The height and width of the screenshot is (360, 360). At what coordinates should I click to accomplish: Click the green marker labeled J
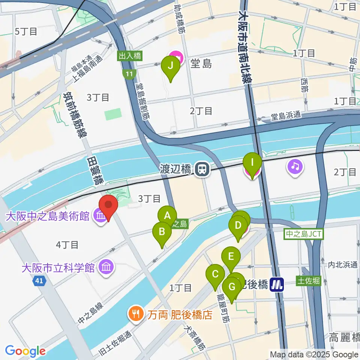coord(171,66)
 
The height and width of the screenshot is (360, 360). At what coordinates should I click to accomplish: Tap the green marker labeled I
coord(252,163)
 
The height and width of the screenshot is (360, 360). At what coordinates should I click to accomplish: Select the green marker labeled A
coord(167,216)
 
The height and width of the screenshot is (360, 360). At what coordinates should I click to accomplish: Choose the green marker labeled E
coord(231,257)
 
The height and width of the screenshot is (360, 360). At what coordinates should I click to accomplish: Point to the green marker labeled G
coord(232,288)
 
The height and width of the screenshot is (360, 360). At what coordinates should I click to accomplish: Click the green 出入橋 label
coord(129,56)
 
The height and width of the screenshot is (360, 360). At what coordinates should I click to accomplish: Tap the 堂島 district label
coord(202,64)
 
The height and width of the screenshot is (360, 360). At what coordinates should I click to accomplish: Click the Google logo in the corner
coord(25,351)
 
